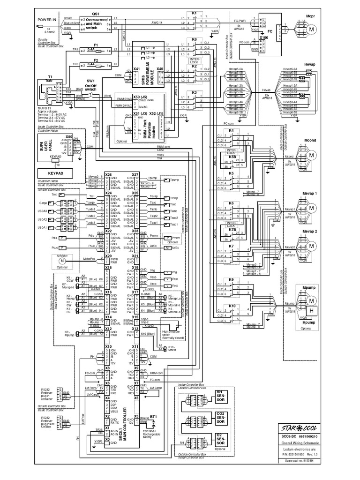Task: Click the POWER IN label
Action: click(47, 20)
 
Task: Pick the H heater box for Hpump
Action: click(310, 310)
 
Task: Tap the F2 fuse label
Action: click(95, 60)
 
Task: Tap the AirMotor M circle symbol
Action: click(60, 260)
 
